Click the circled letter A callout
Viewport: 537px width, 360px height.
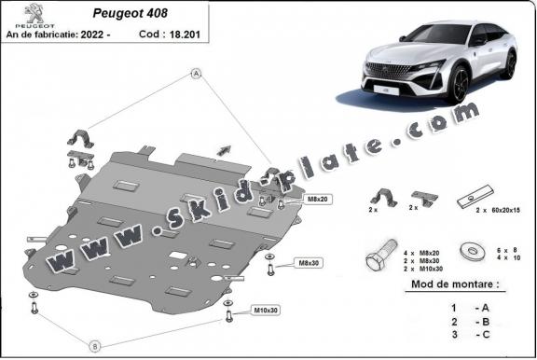click(197, 73)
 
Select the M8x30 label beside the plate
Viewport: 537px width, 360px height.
click(308, 264)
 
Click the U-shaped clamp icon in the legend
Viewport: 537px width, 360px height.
click(383, 199)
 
